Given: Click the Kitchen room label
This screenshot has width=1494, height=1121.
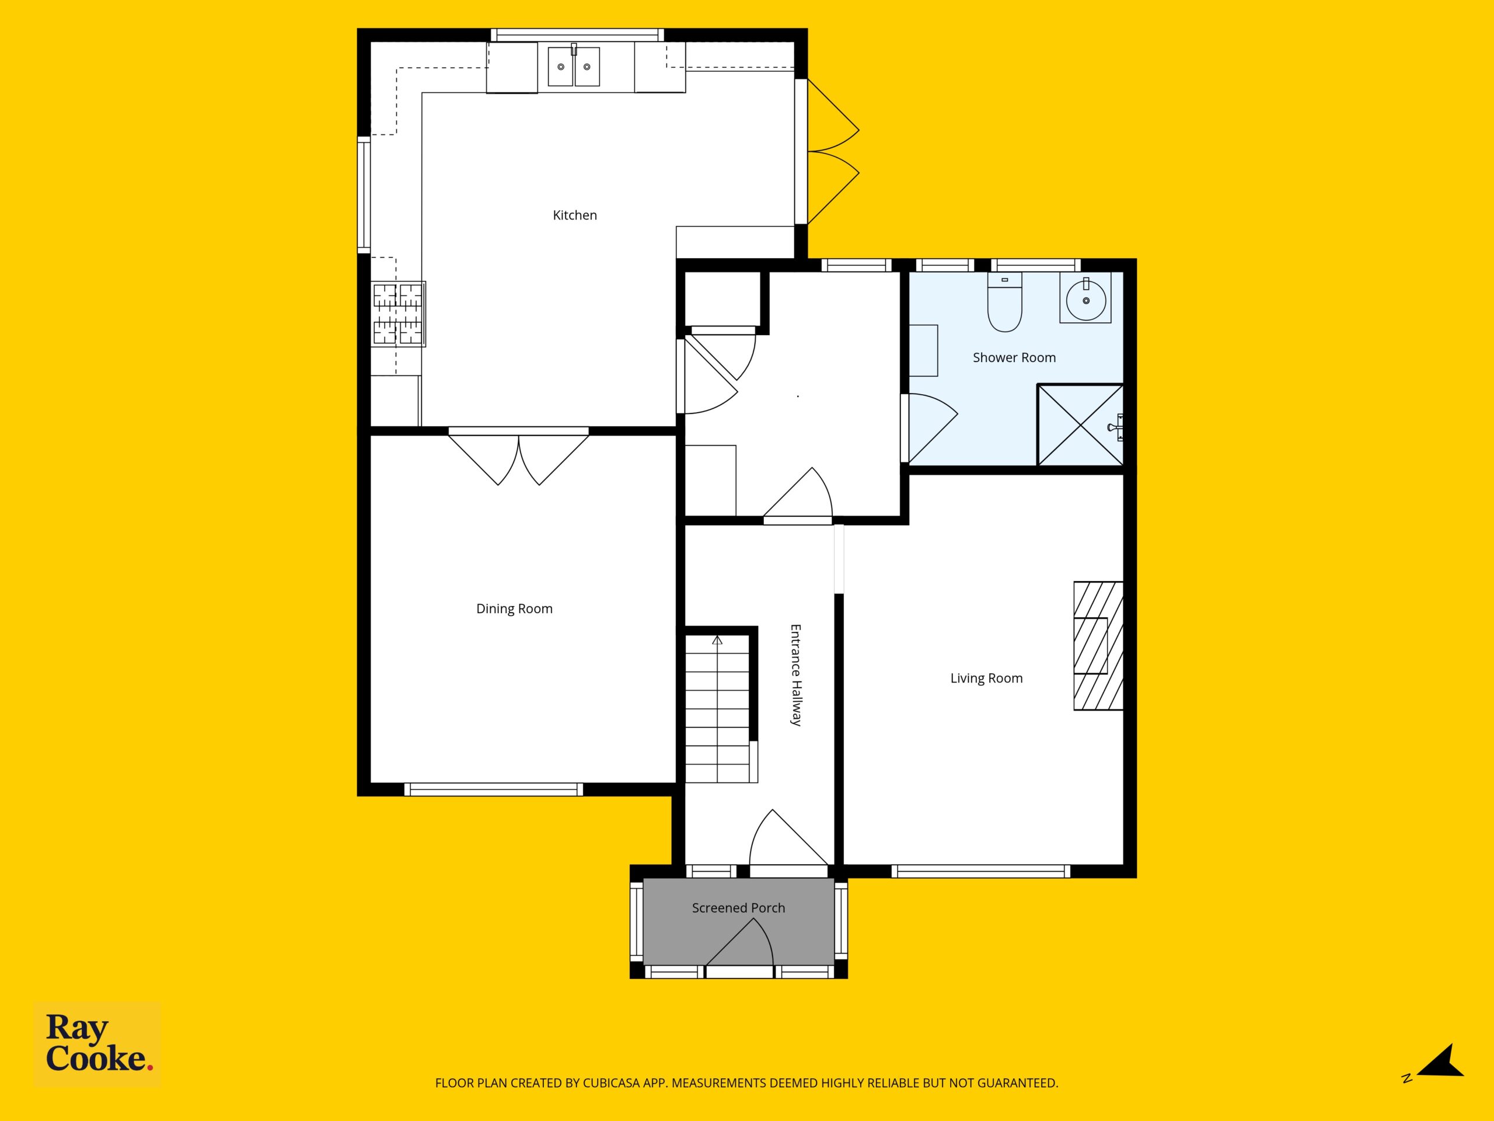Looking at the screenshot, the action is click(x=575, y=215).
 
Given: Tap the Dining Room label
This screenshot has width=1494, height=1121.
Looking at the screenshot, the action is click(x=514, y=609).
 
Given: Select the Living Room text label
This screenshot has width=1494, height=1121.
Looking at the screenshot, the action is click(x=986, y=678).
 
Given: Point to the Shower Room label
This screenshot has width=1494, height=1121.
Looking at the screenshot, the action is click(x=1014, y=357).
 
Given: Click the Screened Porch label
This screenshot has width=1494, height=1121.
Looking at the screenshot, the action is click(x=738, y=908).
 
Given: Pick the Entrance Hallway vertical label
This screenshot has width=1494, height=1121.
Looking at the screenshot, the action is click(x=795, y=674).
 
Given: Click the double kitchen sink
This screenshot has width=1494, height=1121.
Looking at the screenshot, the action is click(x=574, y=66).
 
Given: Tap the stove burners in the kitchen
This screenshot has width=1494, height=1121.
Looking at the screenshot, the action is click(x=399, y=314).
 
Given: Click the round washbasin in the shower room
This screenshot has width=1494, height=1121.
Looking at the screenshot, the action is click(x=1085, y=300).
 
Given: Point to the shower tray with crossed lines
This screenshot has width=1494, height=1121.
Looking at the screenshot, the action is click(x=1081, y=424).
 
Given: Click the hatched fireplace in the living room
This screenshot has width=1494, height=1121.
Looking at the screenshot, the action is click(x=1098, y=646).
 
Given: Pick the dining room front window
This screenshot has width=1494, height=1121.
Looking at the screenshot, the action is click(x=494, y=789).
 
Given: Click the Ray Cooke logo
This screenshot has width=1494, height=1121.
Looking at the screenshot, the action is click(x=97, y=1045).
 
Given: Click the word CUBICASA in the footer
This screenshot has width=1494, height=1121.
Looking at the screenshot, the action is click(x=606, y=1083).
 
